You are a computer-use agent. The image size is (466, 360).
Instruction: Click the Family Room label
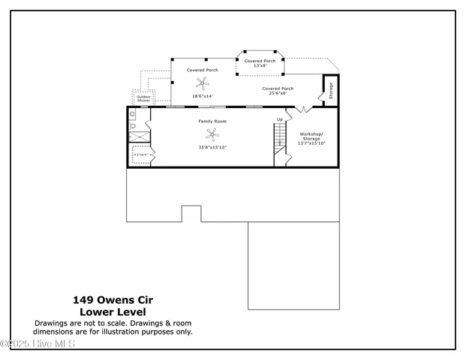coord(212,121)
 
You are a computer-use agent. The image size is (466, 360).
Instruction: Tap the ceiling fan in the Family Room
coord(214,135)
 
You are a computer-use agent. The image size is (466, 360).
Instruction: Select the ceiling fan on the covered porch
coord(200,83)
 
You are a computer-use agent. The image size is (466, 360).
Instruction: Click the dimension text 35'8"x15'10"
coord(212,148)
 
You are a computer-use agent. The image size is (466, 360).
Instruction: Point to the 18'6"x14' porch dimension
coord(203,96)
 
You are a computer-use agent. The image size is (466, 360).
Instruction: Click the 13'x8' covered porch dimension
coord(260,66)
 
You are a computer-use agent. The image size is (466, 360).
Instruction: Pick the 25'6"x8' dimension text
coord(277,94)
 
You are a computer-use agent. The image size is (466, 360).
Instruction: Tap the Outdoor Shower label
coord(143,98)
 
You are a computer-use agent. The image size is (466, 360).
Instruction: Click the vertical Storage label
coord(330,91)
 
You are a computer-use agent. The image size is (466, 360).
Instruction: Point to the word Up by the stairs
coord(280,119)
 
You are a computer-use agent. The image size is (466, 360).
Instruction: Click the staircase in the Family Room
coord(280,139)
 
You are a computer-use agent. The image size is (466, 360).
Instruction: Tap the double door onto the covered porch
coord(302,110)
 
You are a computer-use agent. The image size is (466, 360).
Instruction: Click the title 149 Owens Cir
coord(113,298)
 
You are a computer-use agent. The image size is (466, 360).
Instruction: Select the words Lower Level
coord(113,311)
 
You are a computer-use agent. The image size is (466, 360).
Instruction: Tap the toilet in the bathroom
coord(133,127)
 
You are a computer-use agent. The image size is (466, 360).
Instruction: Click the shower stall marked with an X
coord(139,137)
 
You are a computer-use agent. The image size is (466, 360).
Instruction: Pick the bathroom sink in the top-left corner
coord(133,115)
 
